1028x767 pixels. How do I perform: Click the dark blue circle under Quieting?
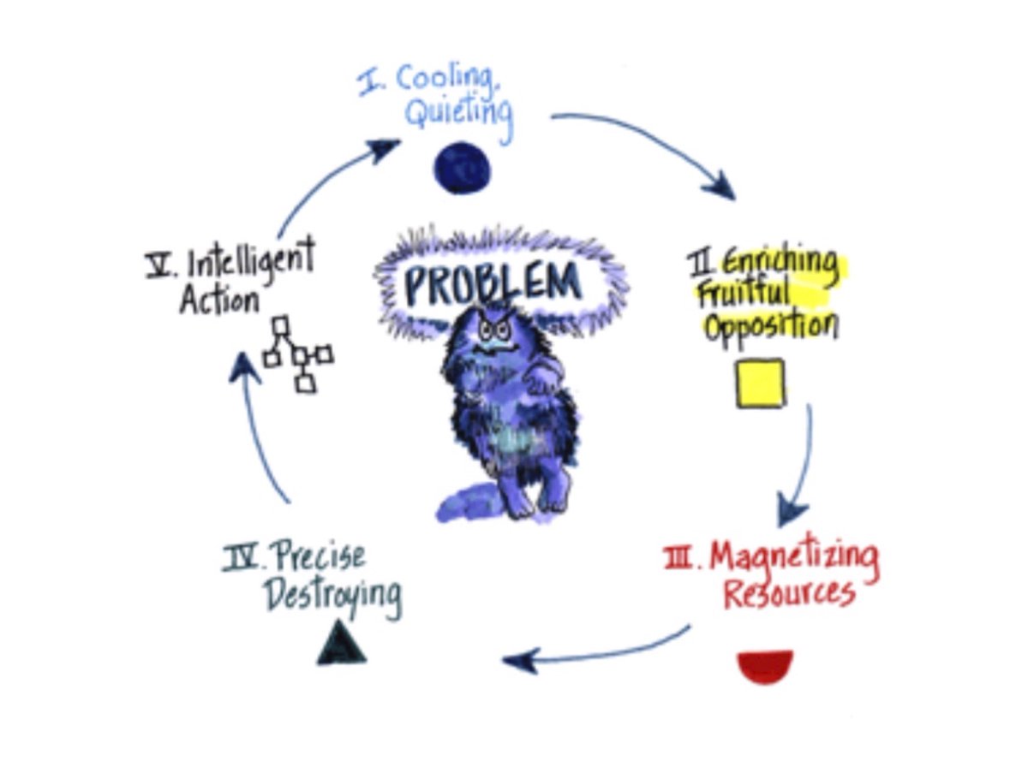(462, 167)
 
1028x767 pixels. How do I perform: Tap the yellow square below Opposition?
(760, 383)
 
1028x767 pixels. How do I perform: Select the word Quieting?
(458, 114)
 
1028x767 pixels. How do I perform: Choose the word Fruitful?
(744, 294)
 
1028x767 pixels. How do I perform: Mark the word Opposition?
(770, 325)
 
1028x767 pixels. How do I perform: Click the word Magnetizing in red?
(793, 559)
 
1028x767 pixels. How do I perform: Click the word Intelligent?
(251, 259)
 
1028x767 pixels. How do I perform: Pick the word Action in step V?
(219, 300)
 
